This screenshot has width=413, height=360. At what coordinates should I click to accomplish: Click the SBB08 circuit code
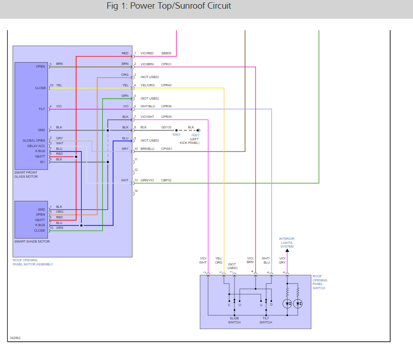[x=166, y=53]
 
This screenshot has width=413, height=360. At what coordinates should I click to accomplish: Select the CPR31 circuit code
[x=166, y=64]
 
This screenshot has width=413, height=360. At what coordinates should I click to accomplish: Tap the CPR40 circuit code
[x=166, y=85]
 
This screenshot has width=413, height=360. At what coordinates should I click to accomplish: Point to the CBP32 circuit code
[x=166, y=180]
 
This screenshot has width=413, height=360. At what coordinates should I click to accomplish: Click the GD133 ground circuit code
[x=166, y=127]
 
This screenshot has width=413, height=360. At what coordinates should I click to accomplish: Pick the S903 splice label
[x=176, y=135]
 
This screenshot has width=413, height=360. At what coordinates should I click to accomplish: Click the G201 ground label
[x=195, y=135]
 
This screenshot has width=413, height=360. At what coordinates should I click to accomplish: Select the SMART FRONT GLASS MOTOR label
[x=26, y=175]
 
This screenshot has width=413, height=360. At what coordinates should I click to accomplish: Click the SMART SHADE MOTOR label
[x=32, y=241]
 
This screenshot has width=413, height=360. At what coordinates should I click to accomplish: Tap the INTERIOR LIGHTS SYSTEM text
[x=287, y=243]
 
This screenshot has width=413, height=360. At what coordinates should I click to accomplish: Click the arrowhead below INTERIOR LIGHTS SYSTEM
[x=287, y=250]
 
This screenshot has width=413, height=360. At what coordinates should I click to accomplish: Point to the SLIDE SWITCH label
[x=234, y=320]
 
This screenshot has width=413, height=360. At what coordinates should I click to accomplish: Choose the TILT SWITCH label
[x=266, y=320]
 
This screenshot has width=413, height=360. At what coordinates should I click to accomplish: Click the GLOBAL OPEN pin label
[x=34, y=140]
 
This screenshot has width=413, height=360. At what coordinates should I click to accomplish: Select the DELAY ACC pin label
[x=36, y=146]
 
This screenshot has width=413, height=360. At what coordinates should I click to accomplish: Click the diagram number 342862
[x=15, y=338]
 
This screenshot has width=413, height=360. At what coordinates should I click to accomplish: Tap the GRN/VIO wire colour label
[x=147, y=180]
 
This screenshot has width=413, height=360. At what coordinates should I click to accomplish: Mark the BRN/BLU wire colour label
[x=147, y=148]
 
